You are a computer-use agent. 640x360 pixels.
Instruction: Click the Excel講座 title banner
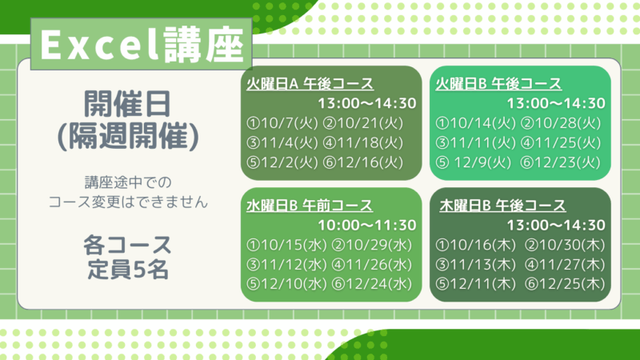click(142, 44)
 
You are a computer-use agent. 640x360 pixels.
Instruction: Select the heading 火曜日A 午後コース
click(310, 84)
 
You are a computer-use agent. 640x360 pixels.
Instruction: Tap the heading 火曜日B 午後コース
click(498, 84)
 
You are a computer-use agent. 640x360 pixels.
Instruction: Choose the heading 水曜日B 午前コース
click(310, 206)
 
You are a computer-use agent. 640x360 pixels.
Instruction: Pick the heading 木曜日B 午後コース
click(502, 206)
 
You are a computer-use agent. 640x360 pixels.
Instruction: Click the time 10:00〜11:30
click(367, 225)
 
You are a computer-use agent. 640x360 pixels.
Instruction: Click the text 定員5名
click(128, 270)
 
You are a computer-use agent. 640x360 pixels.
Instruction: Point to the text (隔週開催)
click(128, 136)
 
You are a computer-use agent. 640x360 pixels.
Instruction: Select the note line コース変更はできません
click(128, 202)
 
